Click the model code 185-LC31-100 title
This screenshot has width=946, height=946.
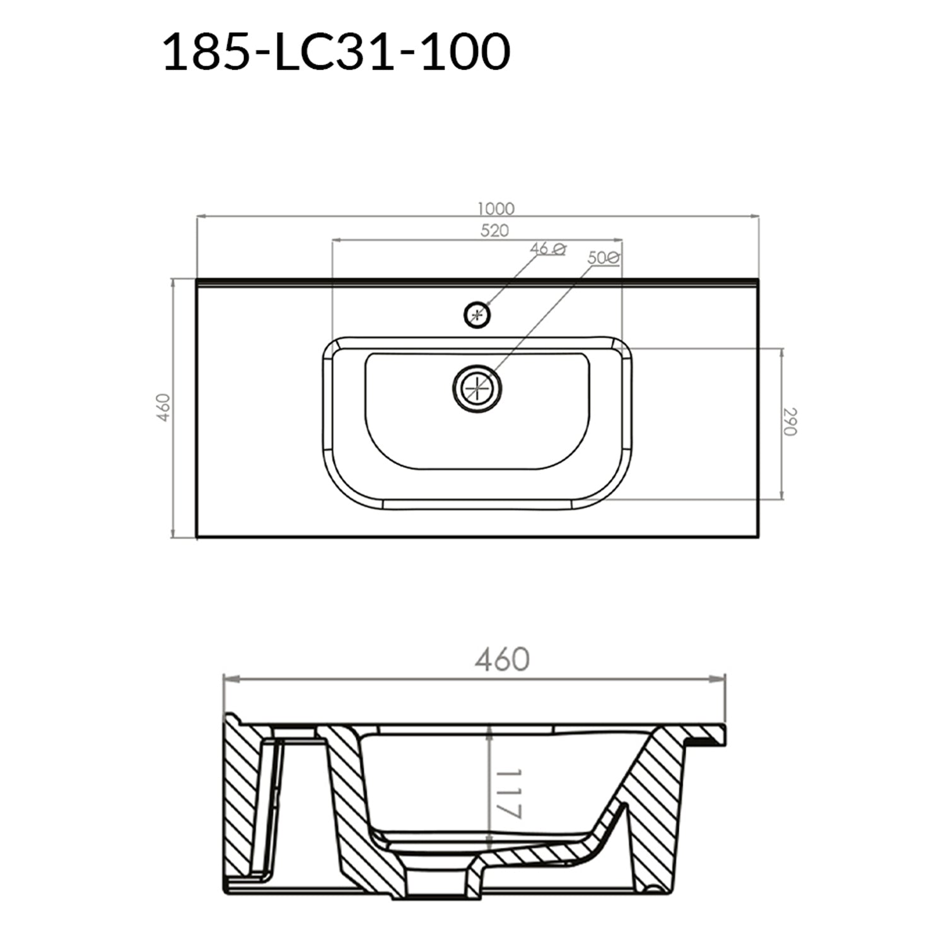click(336, 52)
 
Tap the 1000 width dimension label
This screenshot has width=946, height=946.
click(496, 208)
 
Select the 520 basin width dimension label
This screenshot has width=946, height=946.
click(494, 231)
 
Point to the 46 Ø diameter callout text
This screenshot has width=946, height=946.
click(547, 248)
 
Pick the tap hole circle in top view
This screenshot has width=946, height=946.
click(477, 314)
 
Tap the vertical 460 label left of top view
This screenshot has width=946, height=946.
click(163, 407)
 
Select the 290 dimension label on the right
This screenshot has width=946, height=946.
click(791, 422)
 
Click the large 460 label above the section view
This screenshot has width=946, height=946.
click(502, 660)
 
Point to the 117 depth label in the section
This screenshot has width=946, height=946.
click(509, 793)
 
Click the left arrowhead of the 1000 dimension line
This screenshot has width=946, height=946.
click(202, 217)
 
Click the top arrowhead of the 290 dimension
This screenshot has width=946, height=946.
click(782, 352)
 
